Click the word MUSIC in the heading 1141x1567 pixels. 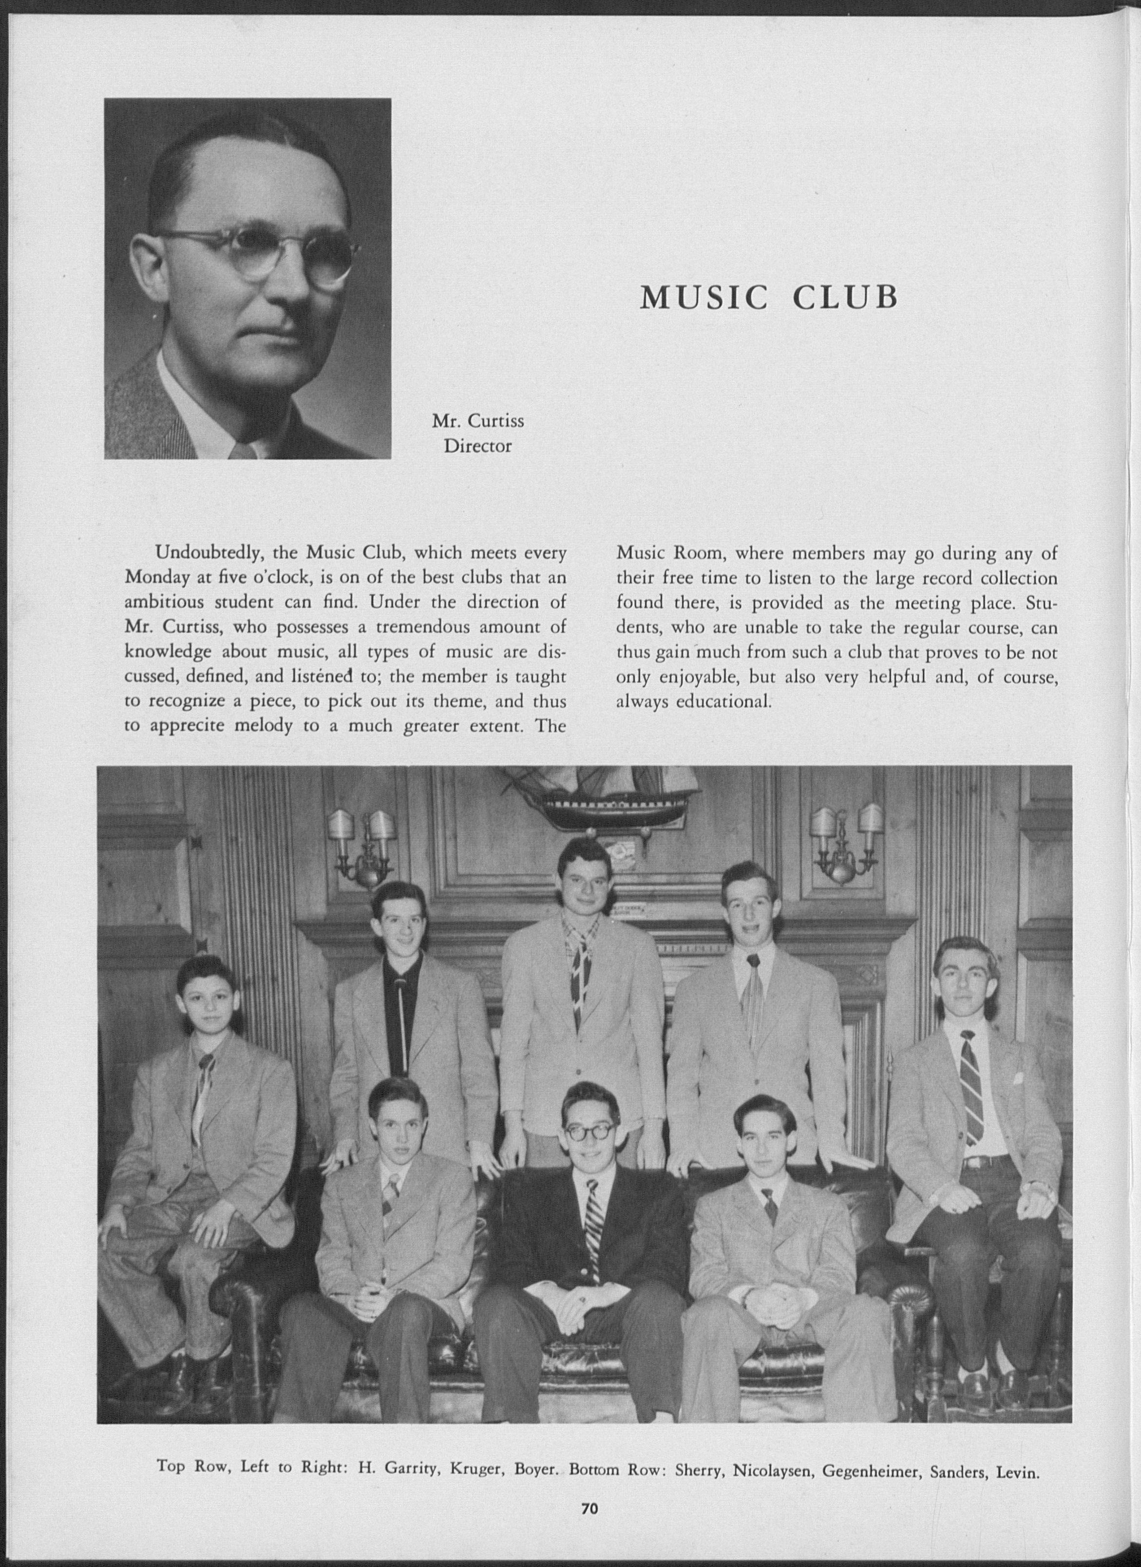click(x=704, y=297)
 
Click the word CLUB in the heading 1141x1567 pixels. click(x=845, y=297)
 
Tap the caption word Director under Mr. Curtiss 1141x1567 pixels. click(x=477, y=446)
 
